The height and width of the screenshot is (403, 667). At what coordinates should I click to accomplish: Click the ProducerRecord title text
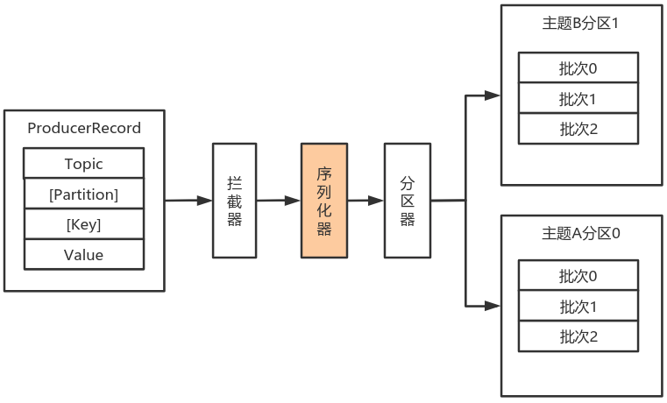(x=84, y=128)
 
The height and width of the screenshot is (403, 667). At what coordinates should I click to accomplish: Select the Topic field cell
(x=84, y=163)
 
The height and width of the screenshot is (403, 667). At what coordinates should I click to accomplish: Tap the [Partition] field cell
(x=84, y=194)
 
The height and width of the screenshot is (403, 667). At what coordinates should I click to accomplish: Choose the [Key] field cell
(x=84, y=224)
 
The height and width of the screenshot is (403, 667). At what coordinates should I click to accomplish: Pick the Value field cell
(x=84, y=254)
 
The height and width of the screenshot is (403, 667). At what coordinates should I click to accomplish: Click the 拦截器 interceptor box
(x=234, y=201)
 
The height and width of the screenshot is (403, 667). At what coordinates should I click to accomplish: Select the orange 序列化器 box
(x=324, y=201)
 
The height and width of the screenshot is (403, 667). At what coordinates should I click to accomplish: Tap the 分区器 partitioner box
(x=408, y=201)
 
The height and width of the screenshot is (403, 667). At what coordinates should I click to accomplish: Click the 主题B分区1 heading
(x=580, y=23)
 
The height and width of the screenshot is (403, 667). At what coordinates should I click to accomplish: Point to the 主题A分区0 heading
(x=580, y=233)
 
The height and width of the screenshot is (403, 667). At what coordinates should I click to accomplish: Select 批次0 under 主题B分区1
(x=578, y=67)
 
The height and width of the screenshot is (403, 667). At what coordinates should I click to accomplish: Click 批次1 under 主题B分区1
(x=578, y=98)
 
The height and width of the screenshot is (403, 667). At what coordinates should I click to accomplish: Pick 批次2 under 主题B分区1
(x=578, y=129)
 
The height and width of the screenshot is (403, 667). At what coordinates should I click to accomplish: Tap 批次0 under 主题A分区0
(x=578, y=275)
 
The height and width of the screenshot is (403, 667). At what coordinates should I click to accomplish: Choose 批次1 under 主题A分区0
(x=578, y=306)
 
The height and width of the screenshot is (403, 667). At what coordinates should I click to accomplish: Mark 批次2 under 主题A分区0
(x=578, y=336)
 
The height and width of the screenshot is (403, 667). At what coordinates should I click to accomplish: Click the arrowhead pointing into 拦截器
(x=204, y=201)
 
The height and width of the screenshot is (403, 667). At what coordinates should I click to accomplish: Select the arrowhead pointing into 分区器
(x=376, y=201)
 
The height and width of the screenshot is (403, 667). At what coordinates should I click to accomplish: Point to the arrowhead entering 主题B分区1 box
(x=493, y=95)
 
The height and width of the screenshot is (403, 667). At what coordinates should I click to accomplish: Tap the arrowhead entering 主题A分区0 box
(x=493, y=306)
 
